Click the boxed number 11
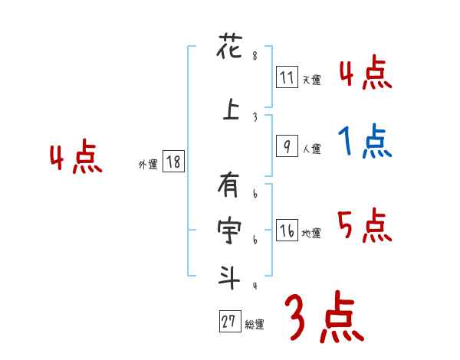pos(287,77)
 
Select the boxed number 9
pos(287,146)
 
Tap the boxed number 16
pos(287,231)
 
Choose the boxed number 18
pos(173,162)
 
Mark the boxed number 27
pos(228,322)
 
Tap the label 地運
pos(311,234)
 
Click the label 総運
pos(255,325)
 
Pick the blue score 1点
pos(365,142)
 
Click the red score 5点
pos(364,224)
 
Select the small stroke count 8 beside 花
pos(255,56)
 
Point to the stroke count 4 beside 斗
pos(255,285)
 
